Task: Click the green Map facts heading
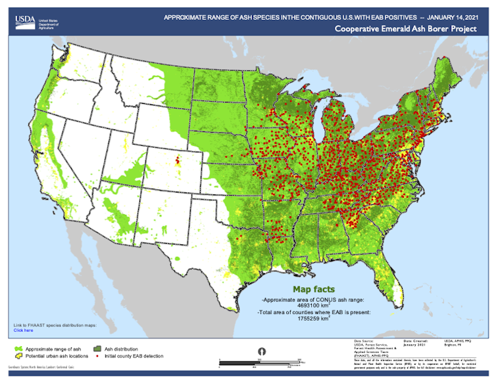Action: click(314, 289)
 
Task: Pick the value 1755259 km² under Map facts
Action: click(314, 319)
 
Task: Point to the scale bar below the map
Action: click(262, 362)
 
